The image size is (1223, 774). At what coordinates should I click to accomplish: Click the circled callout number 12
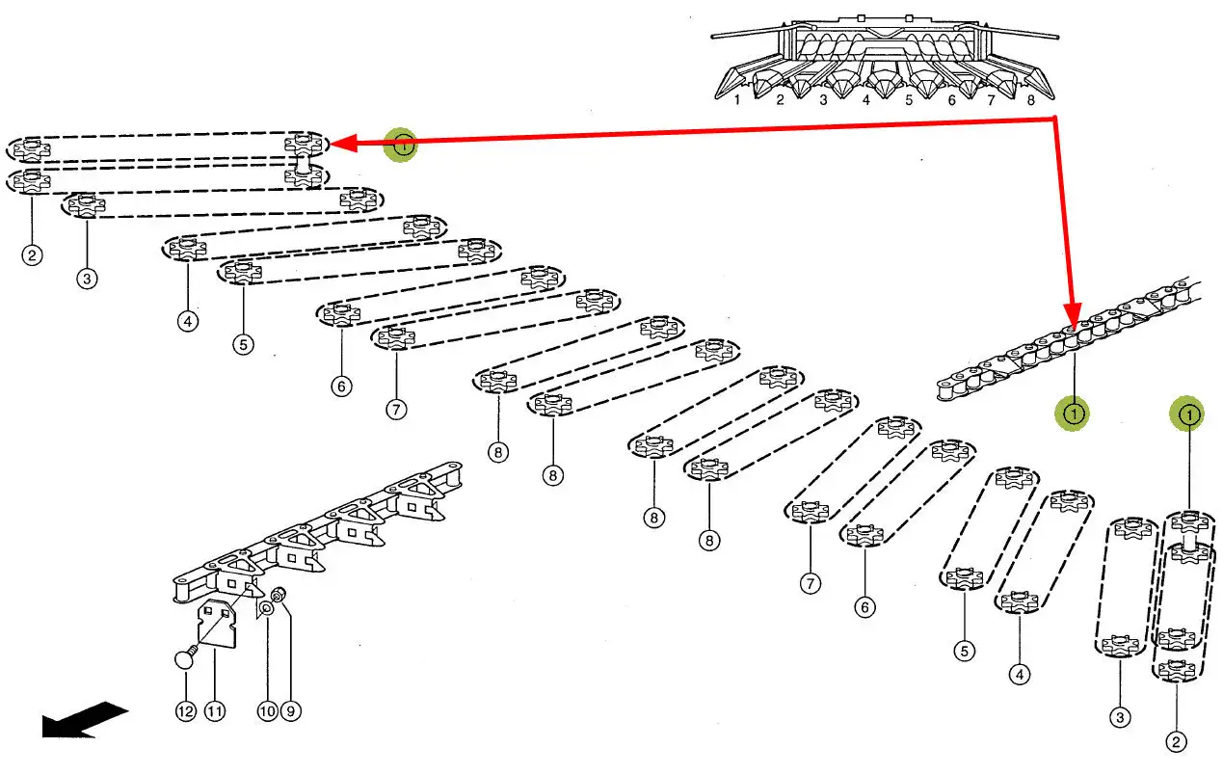185,711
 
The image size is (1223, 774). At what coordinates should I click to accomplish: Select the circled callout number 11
214,711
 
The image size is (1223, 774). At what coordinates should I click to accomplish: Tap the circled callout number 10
267,711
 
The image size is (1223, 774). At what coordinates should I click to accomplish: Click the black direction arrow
84,721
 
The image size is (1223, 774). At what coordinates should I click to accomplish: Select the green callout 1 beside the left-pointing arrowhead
403,145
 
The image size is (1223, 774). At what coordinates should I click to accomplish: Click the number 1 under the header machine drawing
737,99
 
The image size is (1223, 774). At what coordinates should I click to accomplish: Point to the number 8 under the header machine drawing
1031,99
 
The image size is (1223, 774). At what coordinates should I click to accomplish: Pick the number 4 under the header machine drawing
866,99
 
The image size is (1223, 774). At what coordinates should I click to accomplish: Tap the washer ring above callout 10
266,609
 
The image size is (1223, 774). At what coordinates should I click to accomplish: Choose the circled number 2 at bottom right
1176,741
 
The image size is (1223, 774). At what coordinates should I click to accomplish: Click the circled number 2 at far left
34,255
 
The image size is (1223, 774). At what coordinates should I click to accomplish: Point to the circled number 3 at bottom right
1120,717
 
